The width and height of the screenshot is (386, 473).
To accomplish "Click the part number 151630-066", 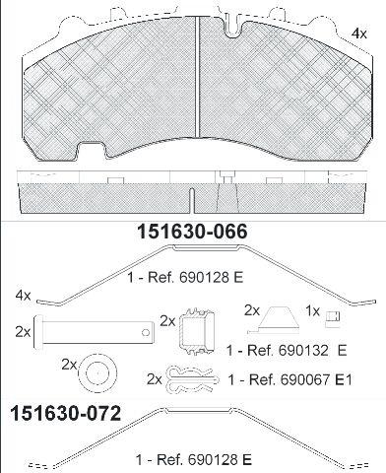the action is (x=192, y=232).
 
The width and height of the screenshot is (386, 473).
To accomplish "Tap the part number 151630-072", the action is (x=66, y=413).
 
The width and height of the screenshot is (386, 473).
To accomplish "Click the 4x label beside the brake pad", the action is (x=359, y=34).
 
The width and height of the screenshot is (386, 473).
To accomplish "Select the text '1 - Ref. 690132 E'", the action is (x=287, y=351).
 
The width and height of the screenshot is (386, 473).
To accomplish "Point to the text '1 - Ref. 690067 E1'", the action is (x=289, y=380).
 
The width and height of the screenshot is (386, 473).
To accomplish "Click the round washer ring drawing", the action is (x=97, y=372).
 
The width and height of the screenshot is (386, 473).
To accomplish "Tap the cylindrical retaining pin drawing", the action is (x=94, y=332).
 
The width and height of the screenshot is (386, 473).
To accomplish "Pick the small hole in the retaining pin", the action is (x=146, y=333).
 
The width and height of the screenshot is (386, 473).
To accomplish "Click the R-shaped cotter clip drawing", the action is (x=192, y=380).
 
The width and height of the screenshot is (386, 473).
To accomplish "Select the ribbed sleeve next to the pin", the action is (x=197, y=331).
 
